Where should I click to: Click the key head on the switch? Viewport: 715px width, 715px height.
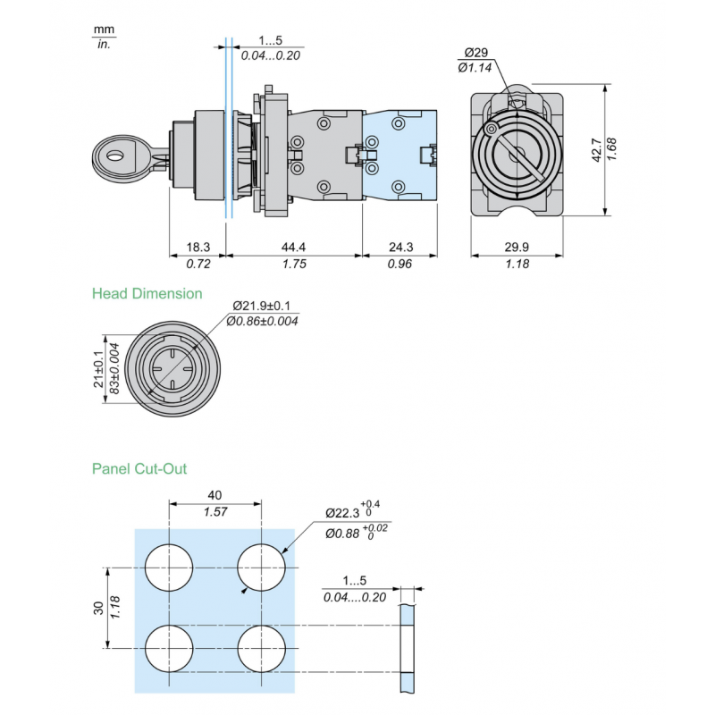119,157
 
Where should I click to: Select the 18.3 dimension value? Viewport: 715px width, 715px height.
198,247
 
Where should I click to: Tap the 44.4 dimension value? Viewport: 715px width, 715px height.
294,247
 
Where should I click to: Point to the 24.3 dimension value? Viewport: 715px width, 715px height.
400,247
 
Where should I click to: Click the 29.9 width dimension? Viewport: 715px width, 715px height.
517,247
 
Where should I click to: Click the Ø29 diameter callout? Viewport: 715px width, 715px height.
475,53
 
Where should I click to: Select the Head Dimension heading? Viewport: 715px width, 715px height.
147,293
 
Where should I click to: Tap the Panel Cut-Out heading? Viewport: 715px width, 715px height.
139,468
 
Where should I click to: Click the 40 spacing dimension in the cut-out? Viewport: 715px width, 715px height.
214,495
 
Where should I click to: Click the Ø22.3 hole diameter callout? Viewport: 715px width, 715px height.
342,512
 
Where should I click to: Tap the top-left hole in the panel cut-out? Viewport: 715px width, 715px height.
170,568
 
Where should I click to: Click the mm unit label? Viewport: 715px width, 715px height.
104,29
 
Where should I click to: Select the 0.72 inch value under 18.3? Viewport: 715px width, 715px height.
198,265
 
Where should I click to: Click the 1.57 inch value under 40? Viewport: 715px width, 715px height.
214,512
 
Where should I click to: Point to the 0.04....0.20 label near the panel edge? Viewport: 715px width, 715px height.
355,597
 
